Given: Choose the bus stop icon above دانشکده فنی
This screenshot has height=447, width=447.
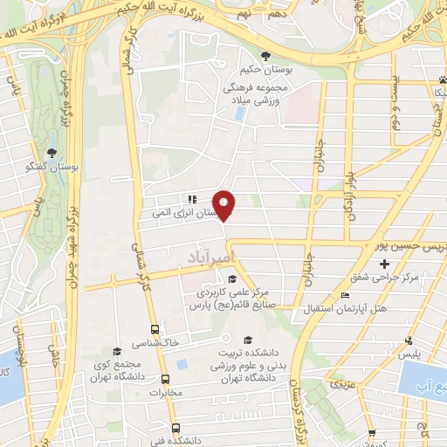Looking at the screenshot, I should pyautogui.click(x=177, y=428).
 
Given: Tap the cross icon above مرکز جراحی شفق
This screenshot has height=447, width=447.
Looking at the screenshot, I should pyautogui.click(x=383, y=263).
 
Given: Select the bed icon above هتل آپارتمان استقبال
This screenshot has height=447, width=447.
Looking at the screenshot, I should pyautogui.click(x=345, y=295).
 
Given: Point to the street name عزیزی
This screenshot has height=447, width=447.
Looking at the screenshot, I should pyautogui.click(x=343, y=384).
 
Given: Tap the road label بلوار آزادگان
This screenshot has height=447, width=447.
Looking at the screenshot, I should pyautogui.click(x=343, y=193).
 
